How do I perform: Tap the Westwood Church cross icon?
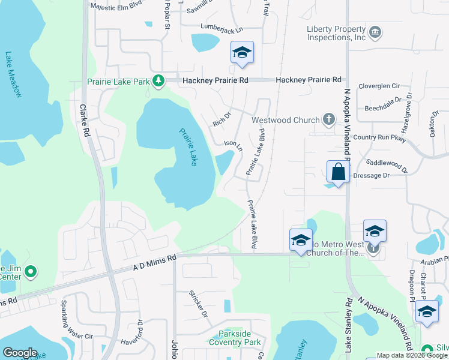coord(328,119)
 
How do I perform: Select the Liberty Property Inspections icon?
coord(375,32)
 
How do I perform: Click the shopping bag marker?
coord(339,172)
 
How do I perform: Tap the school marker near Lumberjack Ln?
coord(242,53)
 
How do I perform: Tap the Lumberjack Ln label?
coord(223,29)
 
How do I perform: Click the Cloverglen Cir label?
coord(379,86)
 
